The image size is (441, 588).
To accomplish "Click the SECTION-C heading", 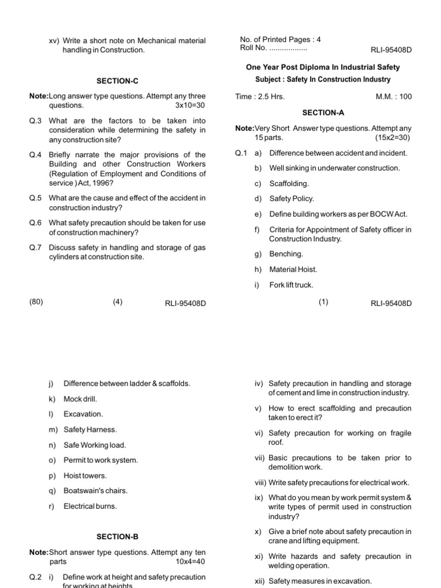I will tap(117, 81).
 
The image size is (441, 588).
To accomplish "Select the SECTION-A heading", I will tap(323, 113).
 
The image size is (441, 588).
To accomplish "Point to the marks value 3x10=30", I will tap(190, 106).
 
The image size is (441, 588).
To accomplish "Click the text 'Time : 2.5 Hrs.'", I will tap(260, 96).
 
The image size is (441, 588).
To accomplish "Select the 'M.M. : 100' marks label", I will tap(393, 96).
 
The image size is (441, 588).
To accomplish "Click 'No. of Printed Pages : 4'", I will tap(280, 40).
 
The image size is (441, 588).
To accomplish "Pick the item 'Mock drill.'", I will tap(80, 399).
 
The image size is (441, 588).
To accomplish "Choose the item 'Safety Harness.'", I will tap(90, 430).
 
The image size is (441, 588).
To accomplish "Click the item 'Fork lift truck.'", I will tap(292, 285).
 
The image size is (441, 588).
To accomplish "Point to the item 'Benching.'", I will tap(286, 254).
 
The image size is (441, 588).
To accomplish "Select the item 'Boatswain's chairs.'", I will tap(95, 491).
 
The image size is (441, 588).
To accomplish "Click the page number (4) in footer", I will tap(118, 302).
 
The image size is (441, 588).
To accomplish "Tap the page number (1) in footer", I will tap(323, 302).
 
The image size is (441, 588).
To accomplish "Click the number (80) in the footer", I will tap(36, 302).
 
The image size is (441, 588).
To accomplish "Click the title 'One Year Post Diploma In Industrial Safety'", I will tap(323, 67).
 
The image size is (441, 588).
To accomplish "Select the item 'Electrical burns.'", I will tap(90, 506).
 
